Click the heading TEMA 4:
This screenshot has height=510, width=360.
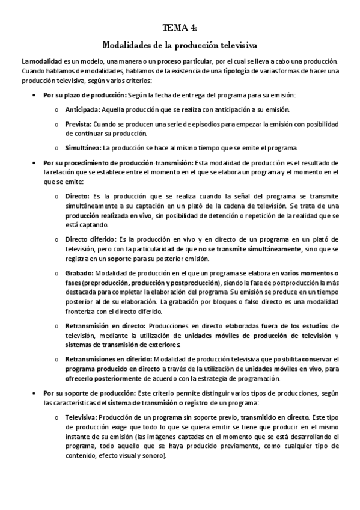(x=180, y=27)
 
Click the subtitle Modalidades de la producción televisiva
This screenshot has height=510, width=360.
(x=180, y=45)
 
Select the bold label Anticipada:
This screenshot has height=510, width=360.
(x=83, y=109)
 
